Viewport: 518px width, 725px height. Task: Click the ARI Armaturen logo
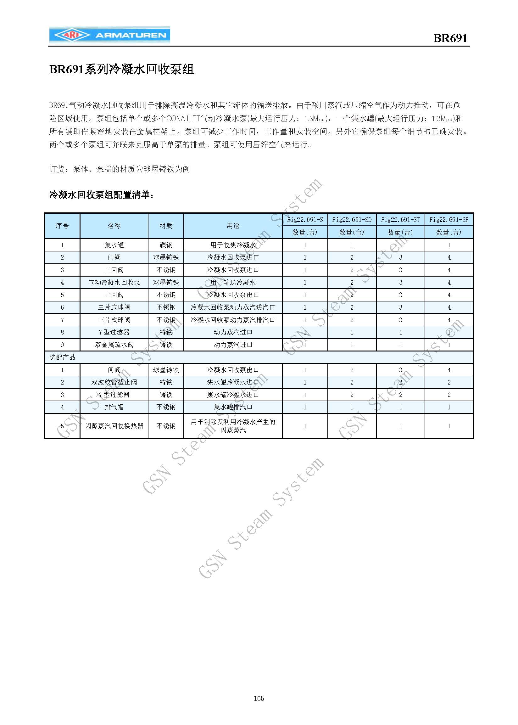coord(109,36)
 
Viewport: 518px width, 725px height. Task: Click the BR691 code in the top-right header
coord(450,38)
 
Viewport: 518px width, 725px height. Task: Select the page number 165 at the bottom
coord(259,698)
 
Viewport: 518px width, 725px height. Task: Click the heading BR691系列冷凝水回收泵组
coord(121,69)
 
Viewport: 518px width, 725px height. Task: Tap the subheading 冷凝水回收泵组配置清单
coord(102,194)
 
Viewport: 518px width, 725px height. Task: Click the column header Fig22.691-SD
coord(352,220)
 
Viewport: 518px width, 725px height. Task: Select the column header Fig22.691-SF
coord(449,220)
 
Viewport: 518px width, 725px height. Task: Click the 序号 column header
coord(62,226)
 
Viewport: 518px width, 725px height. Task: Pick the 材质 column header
coord(166,226)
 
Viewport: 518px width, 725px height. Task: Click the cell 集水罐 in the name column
coord(114,245)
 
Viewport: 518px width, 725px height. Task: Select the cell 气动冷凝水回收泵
coord(114,282)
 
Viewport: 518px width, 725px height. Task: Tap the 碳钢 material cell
coord(166,245)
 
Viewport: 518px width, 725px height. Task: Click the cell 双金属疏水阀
coord(114,345)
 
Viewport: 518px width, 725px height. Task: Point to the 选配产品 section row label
coord(63,357)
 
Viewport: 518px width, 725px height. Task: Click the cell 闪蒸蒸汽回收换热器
coord(114,426)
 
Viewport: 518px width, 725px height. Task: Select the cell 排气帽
coord(114,407)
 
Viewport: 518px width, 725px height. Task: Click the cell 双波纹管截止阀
coord(114,382)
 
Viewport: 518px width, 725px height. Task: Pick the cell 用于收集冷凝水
coord(233,245)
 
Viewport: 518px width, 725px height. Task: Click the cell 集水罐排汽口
coord(233,407)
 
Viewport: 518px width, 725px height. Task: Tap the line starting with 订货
coord(119,169)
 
